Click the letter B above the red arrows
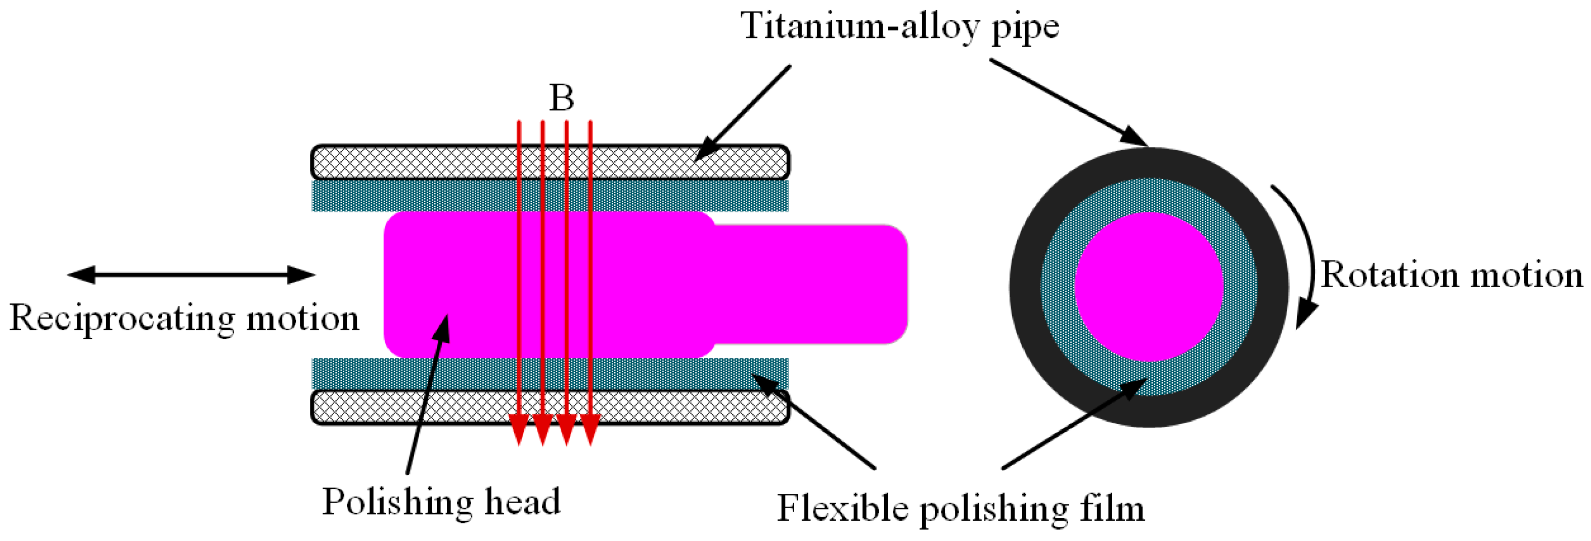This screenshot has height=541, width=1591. [561, 98]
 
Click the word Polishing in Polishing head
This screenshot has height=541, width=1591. [398, 502]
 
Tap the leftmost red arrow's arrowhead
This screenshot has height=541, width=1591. [519, 429]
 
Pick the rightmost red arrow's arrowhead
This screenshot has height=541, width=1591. [590, 429]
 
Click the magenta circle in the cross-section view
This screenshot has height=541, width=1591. [1149, 287]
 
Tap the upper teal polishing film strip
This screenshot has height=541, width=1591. [432, 195]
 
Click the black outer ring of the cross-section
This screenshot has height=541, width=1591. [1025, 287]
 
